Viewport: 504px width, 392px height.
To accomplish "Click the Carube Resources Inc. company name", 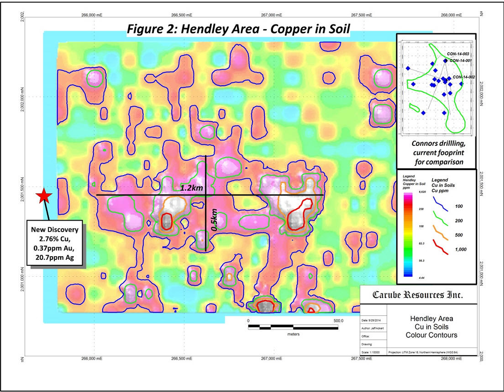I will tap(418, 295).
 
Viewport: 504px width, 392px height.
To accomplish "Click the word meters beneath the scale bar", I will tap(293, 334).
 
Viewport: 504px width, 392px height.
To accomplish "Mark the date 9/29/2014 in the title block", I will tap(376, 320).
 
